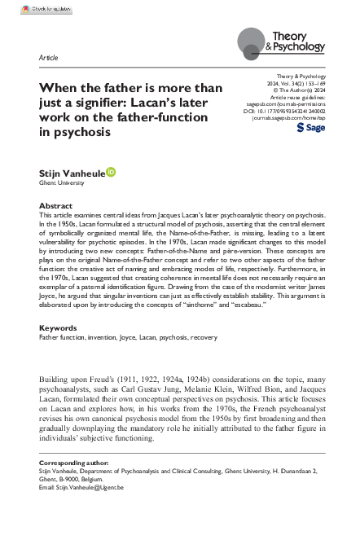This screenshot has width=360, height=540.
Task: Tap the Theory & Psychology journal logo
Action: [280, 40]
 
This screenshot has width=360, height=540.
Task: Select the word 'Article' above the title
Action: [49, 60]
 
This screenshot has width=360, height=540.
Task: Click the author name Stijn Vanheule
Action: [70, 173]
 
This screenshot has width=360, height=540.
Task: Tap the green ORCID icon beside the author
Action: [112, 172]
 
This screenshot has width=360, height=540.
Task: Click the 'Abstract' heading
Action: [55, 206]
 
